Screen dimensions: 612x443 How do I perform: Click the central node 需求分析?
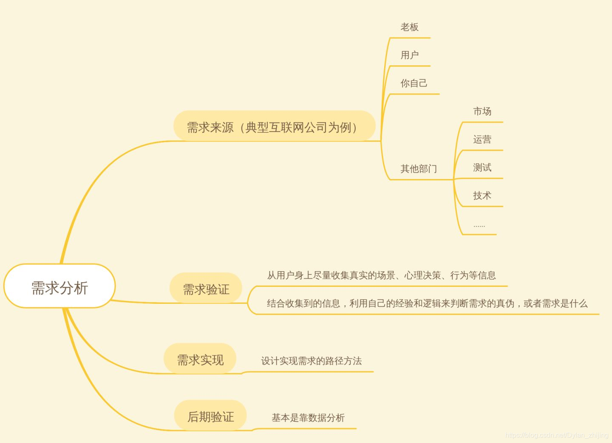(59, 288)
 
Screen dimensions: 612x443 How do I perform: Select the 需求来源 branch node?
(274, 126)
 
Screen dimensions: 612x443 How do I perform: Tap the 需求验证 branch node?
(206, 289)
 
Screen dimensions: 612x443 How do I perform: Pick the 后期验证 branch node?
(210, 416)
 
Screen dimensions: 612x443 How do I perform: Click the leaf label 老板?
(409, 27)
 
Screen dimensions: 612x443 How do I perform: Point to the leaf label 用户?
(409, 55)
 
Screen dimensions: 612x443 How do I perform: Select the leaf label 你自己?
(414, 83)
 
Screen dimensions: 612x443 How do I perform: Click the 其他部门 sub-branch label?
(418, 169)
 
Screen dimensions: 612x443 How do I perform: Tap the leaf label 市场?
(482, 112)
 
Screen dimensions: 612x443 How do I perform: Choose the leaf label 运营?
(482, 140)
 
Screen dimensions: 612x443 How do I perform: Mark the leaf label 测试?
(482, 168)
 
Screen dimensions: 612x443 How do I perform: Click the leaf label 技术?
(482, 196)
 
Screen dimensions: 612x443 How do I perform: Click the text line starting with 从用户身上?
(381, 275)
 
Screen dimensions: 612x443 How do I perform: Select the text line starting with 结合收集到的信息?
(427, 303)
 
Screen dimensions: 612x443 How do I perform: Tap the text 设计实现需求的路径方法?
(311, 361)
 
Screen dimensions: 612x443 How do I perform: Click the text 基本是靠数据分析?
(308, 418)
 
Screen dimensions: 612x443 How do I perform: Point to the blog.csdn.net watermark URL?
(556, 435)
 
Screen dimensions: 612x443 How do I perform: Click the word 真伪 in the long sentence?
(505, 303)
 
